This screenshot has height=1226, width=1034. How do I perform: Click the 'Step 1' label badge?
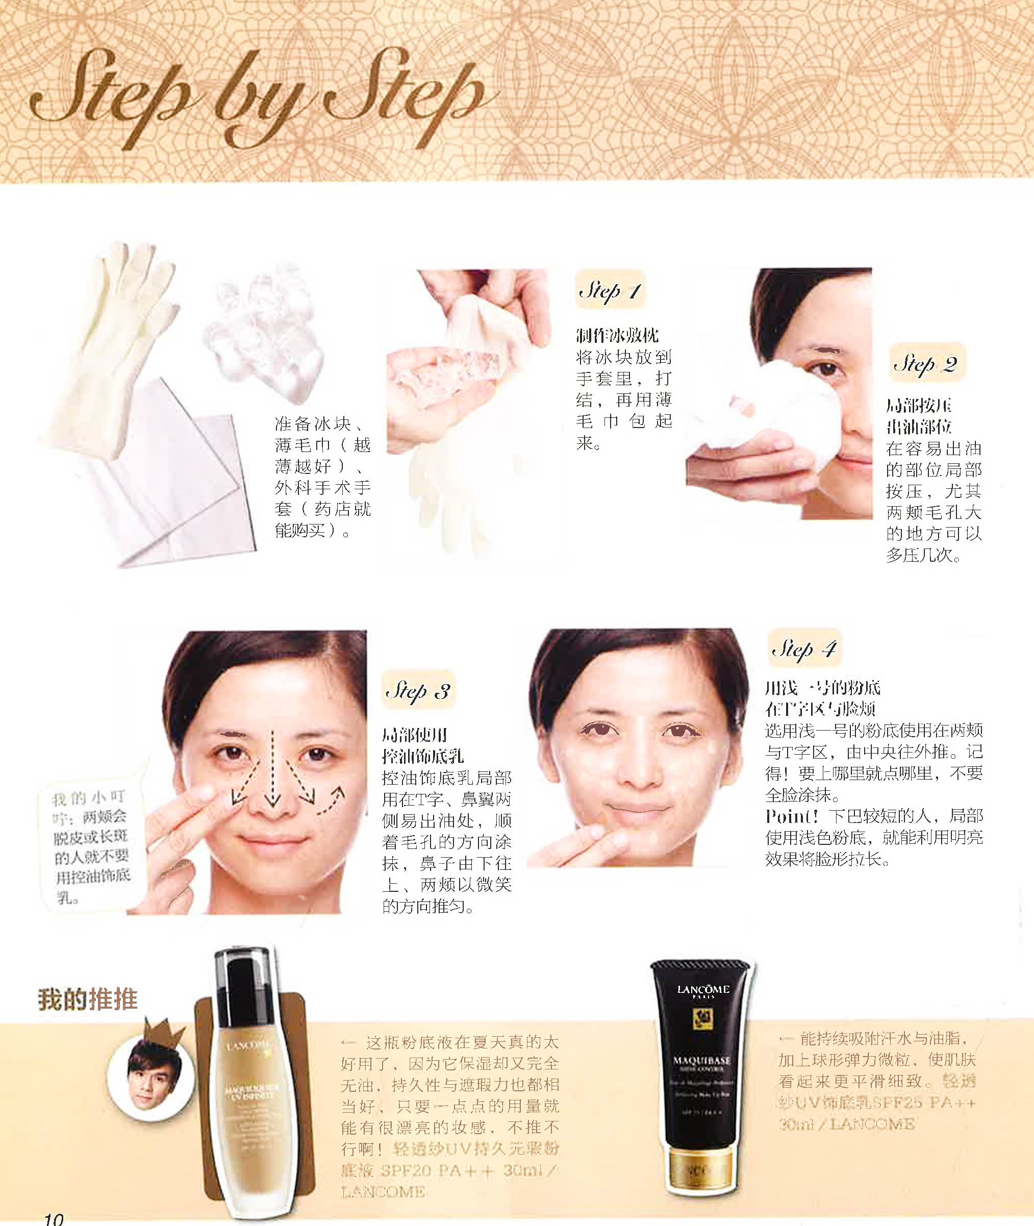coord(610,290)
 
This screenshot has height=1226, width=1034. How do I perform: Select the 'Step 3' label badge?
coord(417,690)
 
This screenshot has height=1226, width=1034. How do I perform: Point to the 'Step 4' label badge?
coord(804,648)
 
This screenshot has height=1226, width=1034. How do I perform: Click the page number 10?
coord(54,1218)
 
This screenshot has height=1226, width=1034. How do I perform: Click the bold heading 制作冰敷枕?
coord(617,335)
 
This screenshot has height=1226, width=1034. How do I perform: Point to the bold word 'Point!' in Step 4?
coord(791,816)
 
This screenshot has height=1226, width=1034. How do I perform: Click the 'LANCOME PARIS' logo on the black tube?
coord(703,991)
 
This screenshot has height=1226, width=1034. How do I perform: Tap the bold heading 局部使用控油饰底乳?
coord(422,745)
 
